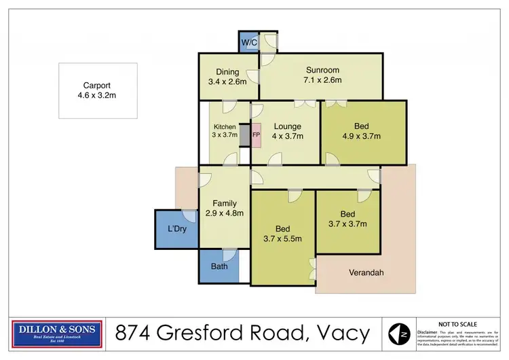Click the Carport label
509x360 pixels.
pos(97,86)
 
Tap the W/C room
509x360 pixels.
pos(248,42)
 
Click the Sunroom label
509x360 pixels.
pos(322,70)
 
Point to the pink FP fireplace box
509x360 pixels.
pos(256,134)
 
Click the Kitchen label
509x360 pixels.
pos(225,127)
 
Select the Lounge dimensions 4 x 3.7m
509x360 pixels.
pos(287,137)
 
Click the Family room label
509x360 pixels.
pos(224,203)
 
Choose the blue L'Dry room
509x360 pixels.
pos(177,229)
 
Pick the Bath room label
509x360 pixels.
pos(219,266)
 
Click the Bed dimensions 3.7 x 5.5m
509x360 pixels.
pos(282,238)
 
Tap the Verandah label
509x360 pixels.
pos(366,272)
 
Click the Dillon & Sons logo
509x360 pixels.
pos(58,333)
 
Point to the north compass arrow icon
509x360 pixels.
pos(399,334)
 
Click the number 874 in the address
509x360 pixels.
pos(132,334)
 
